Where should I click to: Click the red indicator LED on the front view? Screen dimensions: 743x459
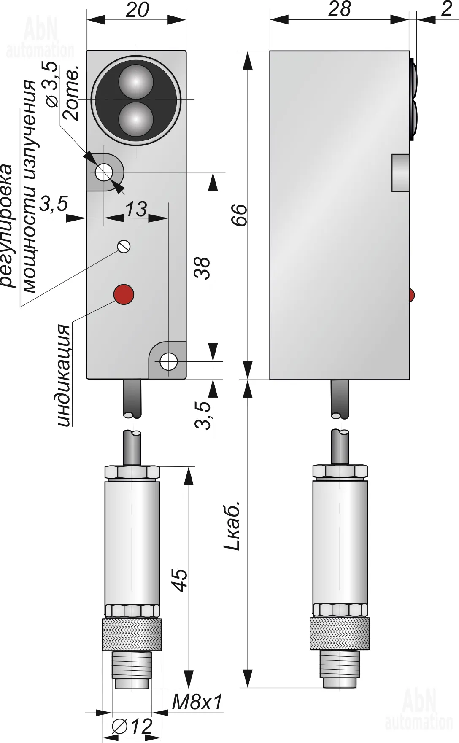[x=123, y=294]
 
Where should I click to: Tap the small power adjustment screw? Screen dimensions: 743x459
[x=124, y=246]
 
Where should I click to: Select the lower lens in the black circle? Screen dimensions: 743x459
[x=136, y=120]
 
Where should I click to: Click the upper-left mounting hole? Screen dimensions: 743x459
[x=103, y=172]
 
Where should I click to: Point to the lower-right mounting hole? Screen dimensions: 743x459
[x=168, y=361]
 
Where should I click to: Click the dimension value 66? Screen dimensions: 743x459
[x=241, y=215]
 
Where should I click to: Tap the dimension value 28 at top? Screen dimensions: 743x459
[x=339, y=9]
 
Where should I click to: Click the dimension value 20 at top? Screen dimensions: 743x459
[x=137, y=9]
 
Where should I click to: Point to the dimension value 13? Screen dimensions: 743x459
[x=136, y=209]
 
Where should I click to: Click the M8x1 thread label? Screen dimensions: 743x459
[x=197, y=702]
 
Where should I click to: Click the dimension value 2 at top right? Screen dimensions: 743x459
[x=446, y=9]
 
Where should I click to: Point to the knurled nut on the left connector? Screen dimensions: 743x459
[x=132, y=635]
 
